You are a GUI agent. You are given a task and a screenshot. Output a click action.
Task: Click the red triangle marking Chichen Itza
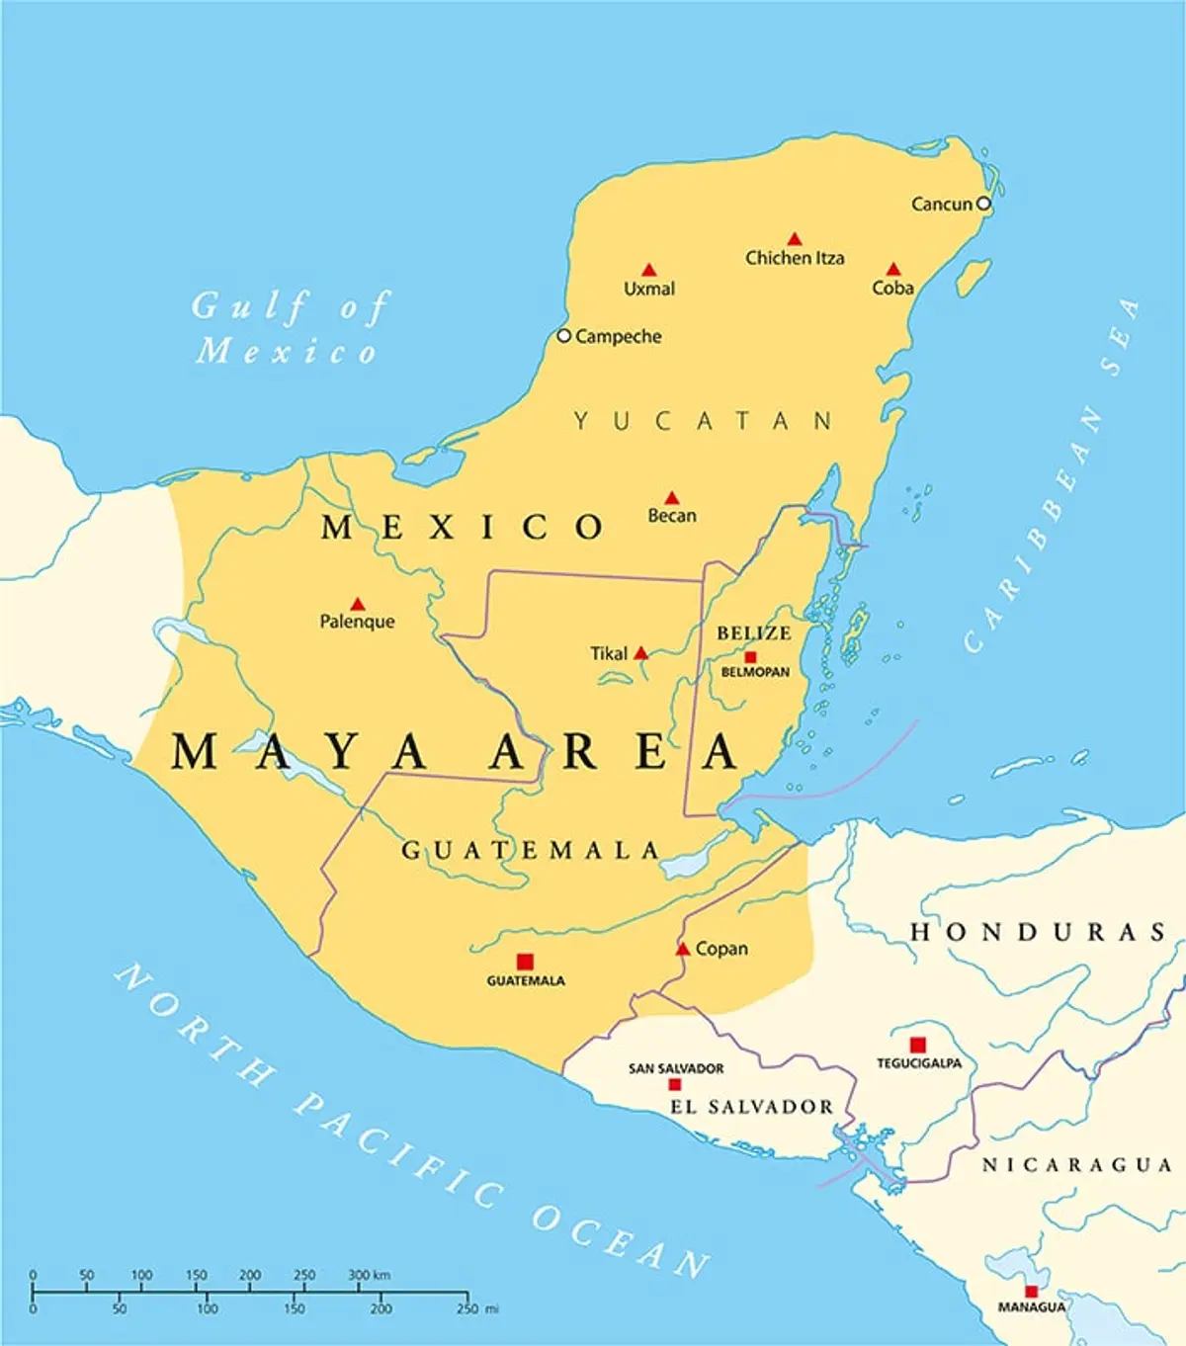[x=794, y=239]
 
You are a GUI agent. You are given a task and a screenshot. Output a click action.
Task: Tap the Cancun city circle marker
[x=983, y=204]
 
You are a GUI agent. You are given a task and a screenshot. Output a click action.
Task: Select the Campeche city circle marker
[x=563, y=336]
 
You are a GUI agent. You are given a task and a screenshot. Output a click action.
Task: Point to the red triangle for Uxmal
[x=648, y=270]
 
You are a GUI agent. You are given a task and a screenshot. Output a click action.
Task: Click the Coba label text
[x=892, y=288]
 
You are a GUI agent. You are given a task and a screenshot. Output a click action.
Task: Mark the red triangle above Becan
[x=672, y=498]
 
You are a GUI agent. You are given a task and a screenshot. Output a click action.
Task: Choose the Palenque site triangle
[x=358, y=604]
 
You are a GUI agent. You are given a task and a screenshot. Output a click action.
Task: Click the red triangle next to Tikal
[x=640, y=653]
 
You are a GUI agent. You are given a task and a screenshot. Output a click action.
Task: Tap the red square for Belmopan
[x=750, y=657]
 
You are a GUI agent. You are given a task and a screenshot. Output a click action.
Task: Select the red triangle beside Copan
[x=682, y=949]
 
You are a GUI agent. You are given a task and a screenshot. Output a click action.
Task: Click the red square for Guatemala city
[x=525, y=962]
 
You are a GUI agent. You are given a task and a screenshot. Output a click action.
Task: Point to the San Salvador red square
[x=675, y=1084]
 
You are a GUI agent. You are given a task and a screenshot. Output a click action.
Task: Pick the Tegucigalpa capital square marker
[x=918, y=1045]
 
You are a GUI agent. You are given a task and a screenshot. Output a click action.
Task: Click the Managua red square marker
[x=1031, y=1292]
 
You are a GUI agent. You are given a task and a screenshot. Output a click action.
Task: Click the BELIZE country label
[x=754, y=633]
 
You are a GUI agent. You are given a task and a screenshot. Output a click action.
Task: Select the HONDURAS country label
[x=1038, y=932]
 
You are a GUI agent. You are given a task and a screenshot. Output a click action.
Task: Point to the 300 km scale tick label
[x=369, y=1275]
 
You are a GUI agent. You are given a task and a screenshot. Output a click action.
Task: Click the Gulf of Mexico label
[x=289, y=328]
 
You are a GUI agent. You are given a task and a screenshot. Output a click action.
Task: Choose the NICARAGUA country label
[x=1076, y=1165]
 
